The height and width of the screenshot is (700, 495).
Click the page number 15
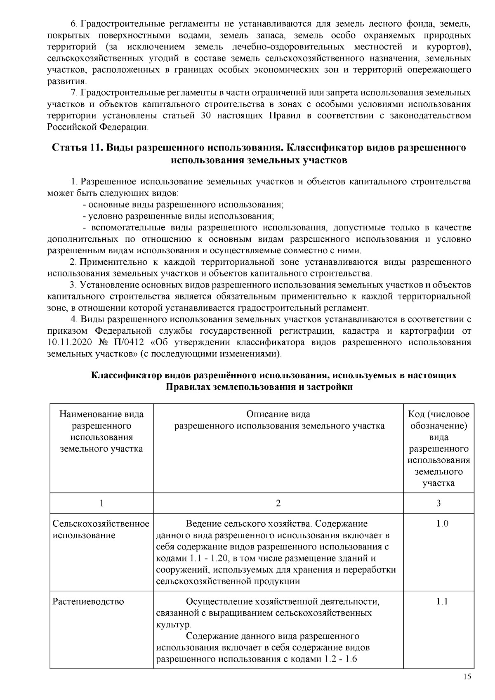point(467,677)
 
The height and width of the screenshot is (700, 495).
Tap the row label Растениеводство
point(88,602)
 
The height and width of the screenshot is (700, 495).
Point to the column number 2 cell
point(278,503)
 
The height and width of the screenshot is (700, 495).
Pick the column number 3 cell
point(438,503)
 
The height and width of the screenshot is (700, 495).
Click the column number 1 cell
point(101,503)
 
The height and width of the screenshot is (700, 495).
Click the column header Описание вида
point(278,414)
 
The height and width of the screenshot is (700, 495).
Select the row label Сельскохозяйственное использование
point(101,529)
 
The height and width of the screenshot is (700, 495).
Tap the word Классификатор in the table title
point(126,376)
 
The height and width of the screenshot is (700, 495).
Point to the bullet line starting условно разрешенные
point(178,216)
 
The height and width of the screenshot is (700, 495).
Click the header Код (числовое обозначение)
point(438,420)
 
